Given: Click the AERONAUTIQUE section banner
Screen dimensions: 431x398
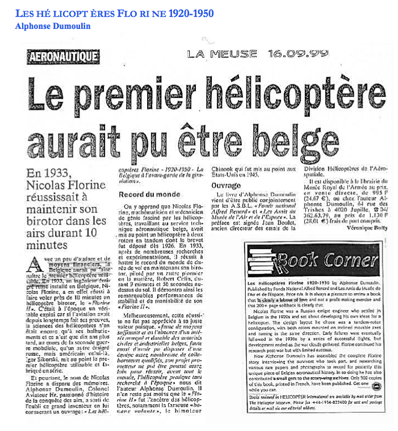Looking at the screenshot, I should point(64,57).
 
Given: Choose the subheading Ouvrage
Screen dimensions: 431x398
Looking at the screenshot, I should point(227,185).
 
